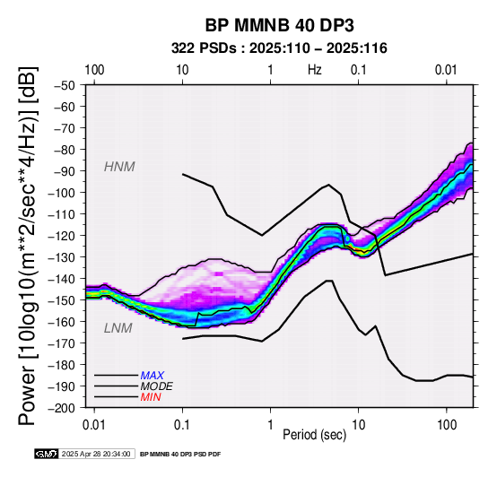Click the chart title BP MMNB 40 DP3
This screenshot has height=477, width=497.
point(279,25)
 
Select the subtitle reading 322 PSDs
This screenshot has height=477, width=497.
point(204,48)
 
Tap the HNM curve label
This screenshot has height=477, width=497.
point(119,167)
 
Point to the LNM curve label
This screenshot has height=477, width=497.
point(118,328)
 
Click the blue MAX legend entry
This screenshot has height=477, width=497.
point(153,376)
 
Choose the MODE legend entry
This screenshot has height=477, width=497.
point(157,386)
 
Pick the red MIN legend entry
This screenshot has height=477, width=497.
point(151,397)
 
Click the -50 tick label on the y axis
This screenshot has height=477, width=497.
point(65,85)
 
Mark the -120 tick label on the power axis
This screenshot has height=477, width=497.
point(62,236)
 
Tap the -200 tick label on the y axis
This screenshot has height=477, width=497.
point(62,408)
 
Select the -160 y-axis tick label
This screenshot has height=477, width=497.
point(62,322)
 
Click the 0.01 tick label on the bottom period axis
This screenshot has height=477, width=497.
point(94,425)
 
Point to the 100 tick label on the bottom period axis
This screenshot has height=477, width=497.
point(446,425)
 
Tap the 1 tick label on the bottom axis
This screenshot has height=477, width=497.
point(270,425)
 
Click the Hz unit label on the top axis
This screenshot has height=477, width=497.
point(314,70)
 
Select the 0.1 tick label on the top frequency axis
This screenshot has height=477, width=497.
point(359,70)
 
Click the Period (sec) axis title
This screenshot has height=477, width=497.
point(314,435)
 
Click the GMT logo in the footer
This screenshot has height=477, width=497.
point(47,454)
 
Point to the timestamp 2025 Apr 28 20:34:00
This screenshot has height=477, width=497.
point(96,454)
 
